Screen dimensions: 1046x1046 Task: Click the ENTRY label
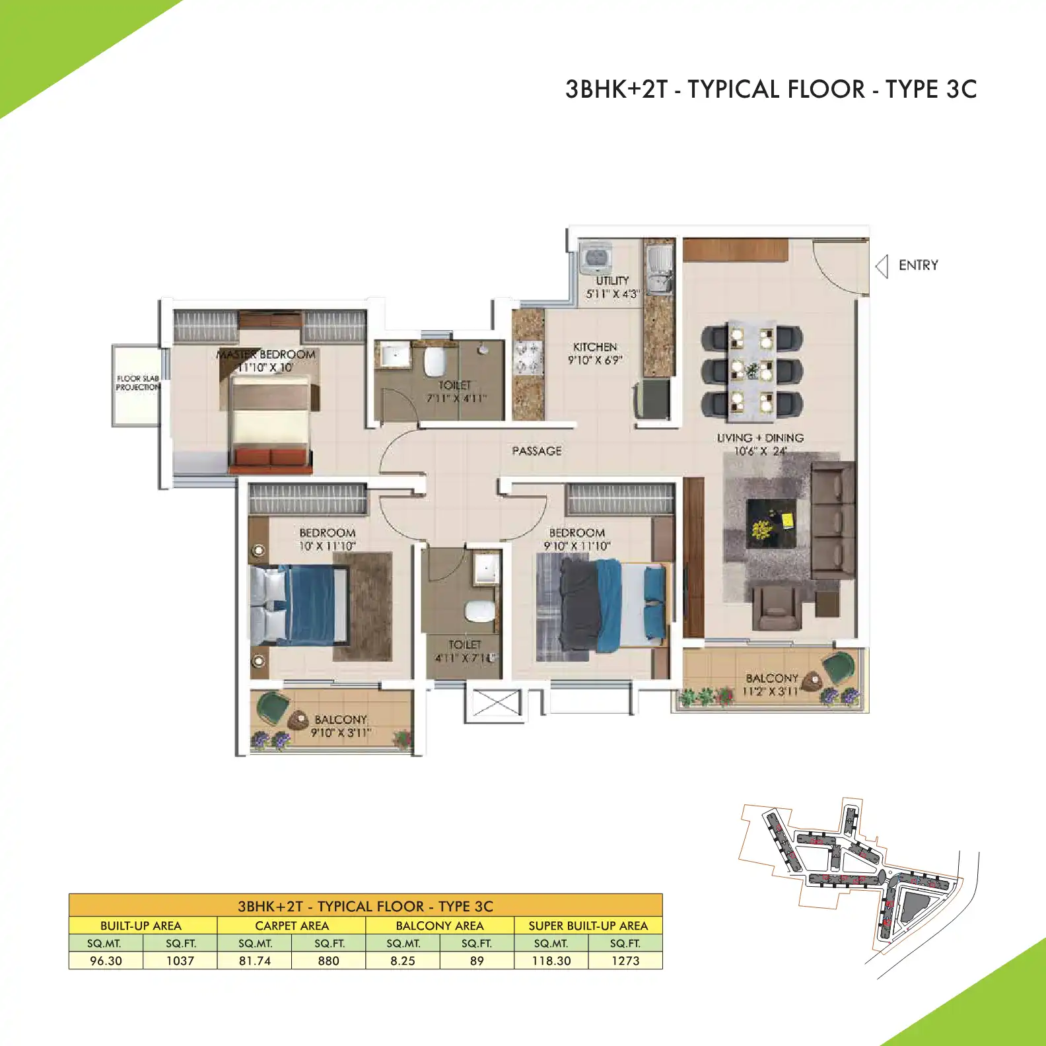(x=918, y=265)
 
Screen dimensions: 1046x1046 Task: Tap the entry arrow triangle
(x=882, y=266)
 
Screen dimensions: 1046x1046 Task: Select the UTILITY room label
(x=612, y=281)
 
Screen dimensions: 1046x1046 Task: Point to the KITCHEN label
(x=595, y=347)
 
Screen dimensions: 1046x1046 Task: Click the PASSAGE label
(x=537, y=451)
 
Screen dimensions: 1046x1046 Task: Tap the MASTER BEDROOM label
(x=267, y=355)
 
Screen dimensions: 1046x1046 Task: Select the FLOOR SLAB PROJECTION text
(x=138, y=383)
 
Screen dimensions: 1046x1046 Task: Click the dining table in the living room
(x=751, y=371)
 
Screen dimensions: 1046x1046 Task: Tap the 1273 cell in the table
(x=625, y=961)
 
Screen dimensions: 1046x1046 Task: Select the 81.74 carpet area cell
(x=255, y=961)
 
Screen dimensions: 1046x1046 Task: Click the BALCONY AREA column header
(x=440, y=926)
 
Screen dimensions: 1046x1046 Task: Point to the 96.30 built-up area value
(x=106, y=961)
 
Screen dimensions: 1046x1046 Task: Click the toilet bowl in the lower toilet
(x=479, y=611)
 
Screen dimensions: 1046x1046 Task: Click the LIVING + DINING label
(x=760, y=438)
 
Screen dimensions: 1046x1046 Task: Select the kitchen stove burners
(x=528, y=357)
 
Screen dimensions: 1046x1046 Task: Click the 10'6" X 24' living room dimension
(x=760, y=452)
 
